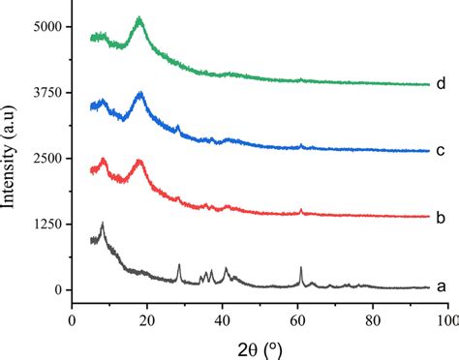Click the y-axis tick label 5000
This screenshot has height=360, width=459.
pyautogui.click(x=46, y=27)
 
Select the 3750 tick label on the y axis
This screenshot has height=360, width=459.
pyautogui.click(x=46, y=93)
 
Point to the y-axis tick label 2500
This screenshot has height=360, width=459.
pyautogui.click(x=46, y=159)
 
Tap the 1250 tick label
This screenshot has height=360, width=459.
pyautogui.click(x=46, y=225)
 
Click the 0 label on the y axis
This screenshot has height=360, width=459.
pyautogui.click(x=57, y=290)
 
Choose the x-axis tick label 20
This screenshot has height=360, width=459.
pyautogui.click(x=147, y=317)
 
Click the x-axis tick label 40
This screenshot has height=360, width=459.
pyautogui.click(x=222, y=317)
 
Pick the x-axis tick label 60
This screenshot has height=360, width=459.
pyautogui.click(x=297, y=317)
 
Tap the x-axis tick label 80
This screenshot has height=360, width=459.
pyautogui.click(x=372, y=317)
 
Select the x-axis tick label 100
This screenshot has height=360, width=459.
pyautogui.click(x=445, y=317)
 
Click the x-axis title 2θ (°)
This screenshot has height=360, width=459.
pyautogui.click(x=259, y=345)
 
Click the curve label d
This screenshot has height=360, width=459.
pyautogui.click(x=441, y=83)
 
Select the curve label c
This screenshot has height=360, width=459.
pyautogui.click(x=441, y=151)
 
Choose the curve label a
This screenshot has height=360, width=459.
pyautogui.click(x=441, y=286)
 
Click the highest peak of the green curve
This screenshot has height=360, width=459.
pyautogui.click(x=139, y=18)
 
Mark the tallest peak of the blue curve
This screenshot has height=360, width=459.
pyautogui.click(x=141, y=93)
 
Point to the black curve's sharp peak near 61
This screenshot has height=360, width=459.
pyautogui.click(x=301, y=267)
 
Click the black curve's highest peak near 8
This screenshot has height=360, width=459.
pyautogui.click(x=102, y=223)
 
